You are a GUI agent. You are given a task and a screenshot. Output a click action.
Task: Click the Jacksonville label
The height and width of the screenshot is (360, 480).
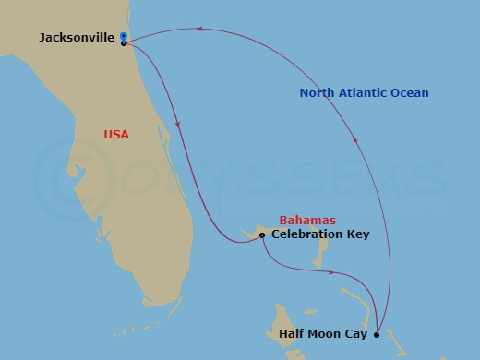[x=78, y=38]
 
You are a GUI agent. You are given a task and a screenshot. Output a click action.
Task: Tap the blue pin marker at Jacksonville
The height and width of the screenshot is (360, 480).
[x=123, y=37]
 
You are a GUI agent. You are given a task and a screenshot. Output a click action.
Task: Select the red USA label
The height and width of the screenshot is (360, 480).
[x=116, y=135]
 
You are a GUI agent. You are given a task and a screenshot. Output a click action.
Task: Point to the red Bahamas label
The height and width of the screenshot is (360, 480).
[x=307, y=221]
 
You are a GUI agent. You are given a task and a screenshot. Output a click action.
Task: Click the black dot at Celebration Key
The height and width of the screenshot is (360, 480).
[x=262, y=235]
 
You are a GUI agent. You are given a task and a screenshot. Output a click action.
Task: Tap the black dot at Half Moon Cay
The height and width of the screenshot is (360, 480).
[x=377, y=333]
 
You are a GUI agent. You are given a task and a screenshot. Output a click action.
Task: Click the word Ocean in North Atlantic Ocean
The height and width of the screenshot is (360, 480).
[x=409, y=93]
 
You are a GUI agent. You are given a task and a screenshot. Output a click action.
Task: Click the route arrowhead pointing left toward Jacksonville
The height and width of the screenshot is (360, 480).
[x=198, y=30]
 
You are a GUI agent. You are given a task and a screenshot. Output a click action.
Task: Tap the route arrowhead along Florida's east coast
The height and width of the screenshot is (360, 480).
[x=177, y=126]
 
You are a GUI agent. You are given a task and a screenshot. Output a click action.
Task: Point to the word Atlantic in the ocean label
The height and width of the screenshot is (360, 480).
[x=364, y=93]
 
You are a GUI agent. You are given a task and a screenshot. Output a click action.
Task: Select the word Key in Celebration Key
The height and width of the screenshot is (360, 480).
[x=358, y=234]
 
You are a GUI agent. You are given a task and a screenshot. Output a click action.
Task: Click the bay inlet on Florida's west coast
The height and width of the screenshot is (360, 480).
[x=72, y=171]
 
